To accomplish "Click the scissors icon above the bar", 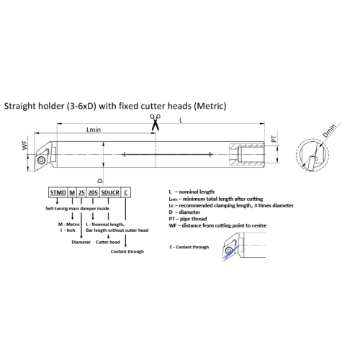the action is pos(156,122).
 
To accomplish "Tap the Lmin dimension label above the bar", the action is pos(94,130).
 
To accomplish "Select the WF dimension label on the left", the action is pos(24,145).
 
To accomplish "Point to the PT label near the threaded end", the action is pos(274,139).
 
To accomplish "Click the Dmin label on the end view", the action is pos(329,131).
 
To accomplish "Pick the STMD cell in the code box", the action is pos(58,192).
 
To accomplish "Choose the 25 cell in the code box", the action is pos(81,192).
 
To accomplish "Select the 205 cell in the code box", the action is pos(93,192).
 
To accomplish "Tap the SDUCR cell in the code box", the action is pos(110,192).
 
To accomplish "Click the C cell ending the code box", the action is pos(126,192).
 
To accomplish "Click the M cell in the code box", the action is pos(72,192).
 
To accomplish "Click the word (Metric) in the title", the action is pos(210,106).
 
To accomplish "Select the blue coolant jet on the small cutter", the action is pos(231,253).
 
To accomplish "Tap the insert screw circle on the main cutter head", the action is pos(41,160).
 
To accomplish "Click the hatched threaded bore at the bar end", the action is pos(247,155).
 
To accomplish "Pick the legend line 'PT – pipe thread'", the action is pos(188,219).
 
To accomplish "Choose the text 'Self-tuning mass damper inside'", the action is pos(77,208).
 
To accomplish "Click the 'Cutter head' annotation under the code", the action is pos(108,242).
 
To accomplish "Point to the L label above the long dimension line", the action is pos(181,120).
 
